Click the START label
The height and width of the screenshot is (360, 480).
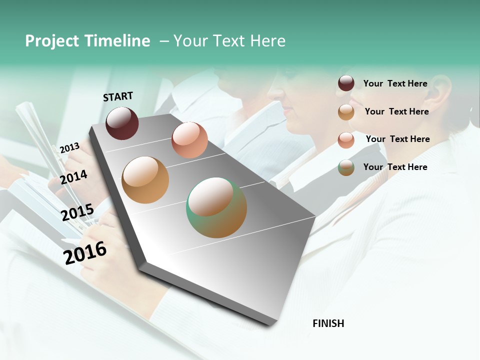118,96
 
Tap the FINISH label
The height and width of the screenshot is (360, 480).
328,323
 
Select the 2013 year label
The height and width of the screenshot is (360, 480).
69,147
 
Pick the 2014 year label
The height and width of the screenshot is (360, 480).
73,177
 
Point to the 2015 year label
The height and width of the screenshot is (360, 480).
77,212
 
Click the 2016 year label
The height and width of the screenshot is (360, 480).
85,252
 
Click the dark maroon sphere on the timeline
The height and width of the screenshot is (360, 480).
122,123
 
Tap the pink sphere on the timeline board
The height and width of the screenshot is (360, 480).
189,139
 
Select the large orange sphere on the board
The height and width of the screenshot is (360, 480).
145,179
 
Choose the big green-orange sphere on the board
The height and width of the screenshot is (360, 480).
216,207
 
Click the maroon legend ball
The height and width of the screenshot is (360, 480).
346,83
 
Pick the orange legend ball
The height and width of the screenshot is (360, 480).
346,112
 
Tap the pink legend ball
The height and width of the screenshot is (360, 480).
346,140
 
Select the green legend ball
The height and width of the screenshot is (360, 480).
346,167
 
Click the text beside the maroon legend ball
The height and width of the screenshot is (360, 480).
395,83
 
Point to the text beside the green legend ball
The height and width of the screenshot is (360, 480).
395,167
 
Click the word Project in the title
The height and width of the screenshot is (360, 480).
52,41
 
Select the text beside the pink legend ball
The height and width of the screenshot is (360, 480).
397,139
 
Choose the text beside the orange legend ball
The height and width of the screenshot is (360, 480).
396,111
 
